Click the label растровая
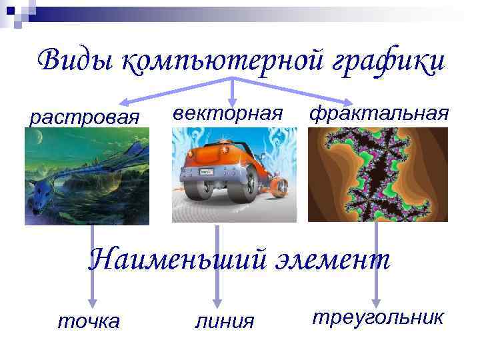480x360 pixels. tap(85, 118)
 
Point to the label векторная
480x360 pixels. tap(229, 113)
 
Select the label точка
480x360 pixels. tap(89, 321)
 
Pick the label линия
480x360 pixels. tap(225, 321)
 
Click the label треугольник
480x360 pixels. tap(377, 317)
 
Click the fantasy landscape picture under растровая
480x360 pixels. tap(87, 176)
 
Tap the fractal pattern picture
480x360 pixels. tap(377, 174)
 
